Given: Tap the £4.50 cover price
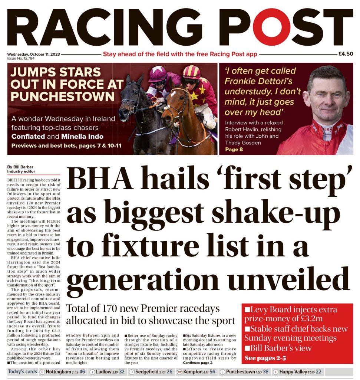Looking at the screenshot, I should point(346,54).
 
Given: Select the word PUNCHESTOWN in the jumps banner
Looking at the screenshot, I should point(62,96).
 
